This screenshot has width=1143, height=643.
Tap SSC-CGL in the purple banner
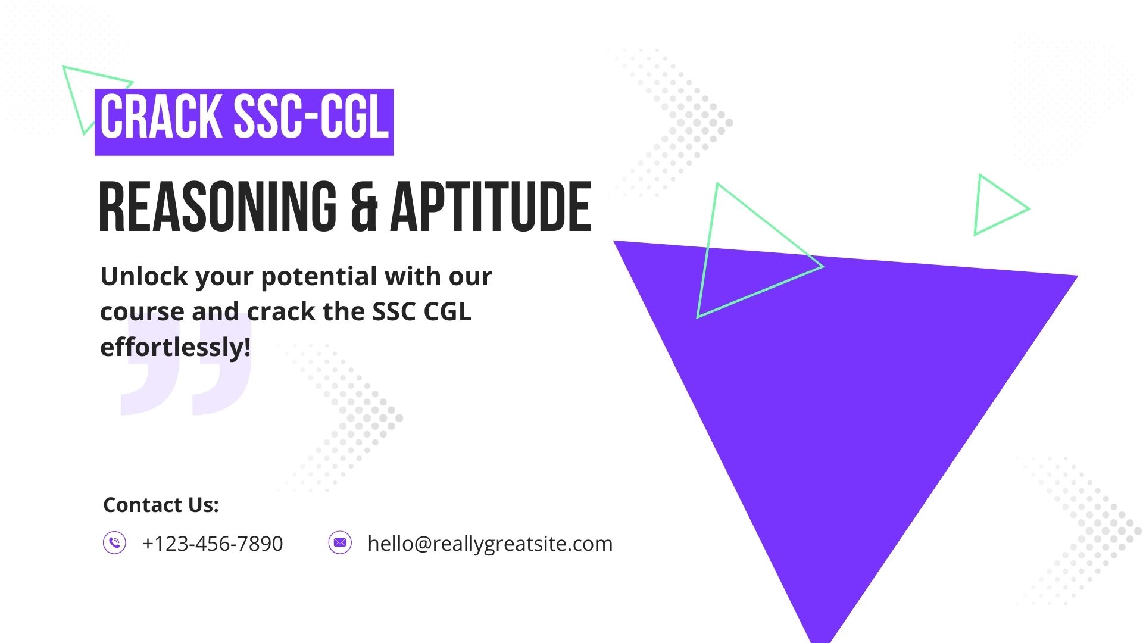[x=311, y=117]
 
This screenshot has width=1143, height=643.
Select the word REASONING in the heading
[x=218, y=207]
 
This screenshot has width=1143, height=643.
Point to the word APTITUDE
[x=491, y=207]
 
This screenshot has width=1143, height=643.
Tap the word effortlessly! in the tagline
[x=176, y=347]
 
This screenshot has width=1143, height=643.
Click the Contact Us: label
[x=161, y=505]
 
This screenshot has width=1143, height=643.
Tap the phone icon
[x=114, y=543]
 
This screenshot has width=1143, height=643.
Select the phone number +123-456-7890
[x=213, y=544]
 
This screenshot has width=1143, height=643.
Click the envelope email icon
[x=340, y=543]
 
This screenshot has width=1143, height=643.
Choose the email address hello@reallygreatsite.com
[x=490, y=544]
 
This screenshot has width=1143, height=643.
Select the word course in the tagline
[x=142, y=312]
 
